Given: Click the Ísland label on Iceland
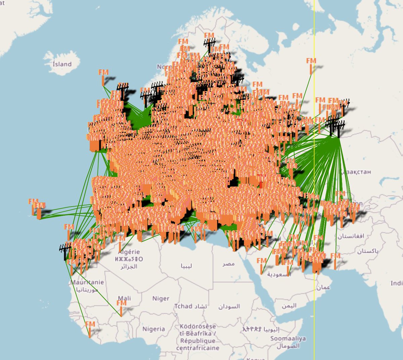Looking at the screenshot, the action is pyautogui.click(x=62, y=64).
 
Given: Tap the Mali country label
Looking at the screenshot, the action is pyautogui.click(x=124, y=298).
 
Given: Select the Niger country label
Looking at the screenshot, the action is pyautogui.click(x=161, y=299).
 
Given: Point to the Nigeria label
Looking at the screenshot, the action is pyautogui.click(x=153, y=329).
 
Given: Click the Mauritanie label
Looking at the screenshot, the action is pyautogui.click(x=87, y=282).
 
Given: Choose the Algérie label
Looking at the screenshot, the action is pyautogui.click(x=129, y=252).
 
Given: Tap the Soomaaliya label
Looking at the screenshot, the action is pyautogui.click(x=288, y=339).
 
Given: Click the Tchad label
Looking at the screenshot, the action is pyautogui.click(x=183, y=306).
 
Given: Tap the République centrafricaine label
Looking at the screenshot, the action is pyautogui.click(x=198, y=341).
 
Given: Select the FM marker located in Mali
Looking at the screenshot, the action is pyautogui.click(x=122, y=308).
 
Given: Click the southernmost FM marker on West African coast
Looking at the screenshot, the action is pyautogui.click(x=90, y=329).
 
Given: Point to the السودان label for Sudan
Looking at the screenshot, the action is pyautogui.click(x=229, y=306).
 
